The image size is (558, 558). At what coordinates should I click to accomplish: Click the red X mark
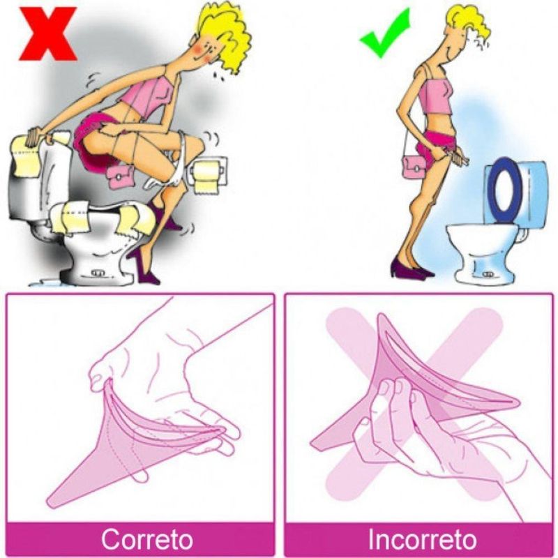click(48, 33)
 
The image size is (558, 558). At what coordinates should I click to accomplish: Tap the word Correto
click(147, 539)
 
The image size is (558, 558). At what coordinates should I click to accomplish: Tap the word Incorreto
click(422, 539)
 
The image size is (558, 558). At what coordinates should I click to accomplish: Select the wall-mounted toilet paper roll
click(206, 177)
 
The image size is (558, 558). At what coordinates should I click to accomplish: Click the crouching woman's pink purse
click(120, 177)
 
